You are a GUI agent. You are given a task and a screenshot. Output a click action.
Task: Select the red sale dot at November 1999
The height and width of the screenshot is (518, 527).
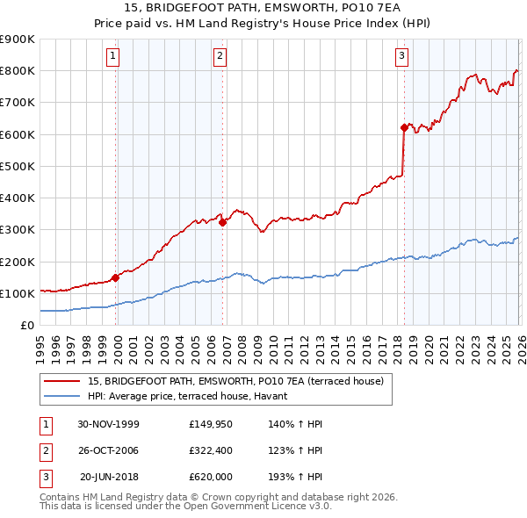pos(115,277)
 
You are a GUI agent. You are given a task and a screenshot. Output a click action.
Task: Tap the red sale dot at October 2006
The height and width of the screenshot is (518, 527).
pos(222,222)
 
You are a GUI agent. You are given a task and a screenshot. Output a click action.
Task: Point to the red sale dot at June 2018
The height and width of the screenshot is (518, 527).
pos(404,127)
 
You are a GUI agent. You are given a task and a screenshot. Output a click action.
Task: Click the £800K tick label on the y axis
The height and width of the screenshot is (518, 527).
pos(18,71)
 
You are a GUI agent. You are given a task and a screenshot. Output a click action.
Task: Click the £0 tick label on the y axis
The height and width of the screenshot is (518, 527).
pos(27,326)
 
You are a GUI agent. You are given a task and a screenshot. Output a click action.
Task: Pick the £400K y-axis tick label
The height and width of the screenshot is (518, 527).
pos(18,198)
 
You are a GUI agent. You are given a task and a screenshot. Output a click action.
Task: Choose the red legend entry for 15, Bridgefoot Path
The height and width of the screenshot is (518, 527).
pos(235,381)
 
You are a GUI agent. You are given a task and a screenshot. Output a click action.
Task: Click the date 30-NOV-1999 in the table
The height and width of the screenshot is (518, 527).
pos(109,424)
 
